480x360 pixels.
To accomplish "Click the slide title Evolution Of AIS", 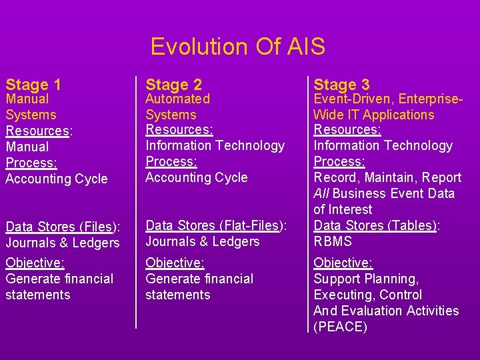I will (238, 47).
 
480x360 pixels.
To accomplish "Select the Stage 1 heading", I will (33, 85).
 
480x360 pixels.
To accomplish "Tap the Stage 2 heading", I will (173, 85).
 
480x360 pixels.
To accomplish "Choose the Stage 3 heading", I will (341, 85).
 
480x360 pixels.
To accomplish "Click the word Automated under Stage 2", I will (177, 99).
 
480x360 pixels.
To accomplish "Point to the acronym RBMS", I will (333, 241).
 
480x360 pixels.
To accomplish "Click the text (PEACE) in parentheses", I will (340, 327).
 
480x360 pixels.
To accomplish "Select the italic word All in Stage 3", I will (321, 193).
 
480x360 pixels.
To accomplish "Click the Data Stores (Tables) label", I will (374, 225).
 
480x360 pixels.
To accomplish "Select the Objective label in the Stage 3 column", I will (343, 263).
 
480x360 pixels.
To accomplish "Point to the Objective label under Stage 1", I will (35, 263).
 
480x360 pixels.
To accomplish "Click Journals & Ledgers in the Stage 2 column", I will (203, 241).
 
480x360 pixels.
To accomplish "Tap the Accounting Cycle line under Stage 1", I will (56, 179).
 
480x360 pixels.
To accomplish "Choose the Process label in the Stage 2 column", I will (170, 161).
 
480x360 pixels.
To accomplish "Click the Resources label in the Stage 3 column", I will (347, 129).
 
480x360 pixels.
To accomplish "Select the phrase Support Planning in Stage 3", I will (366, 279).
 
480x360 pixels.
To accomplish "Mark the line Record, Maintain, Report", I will (387, 177).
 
